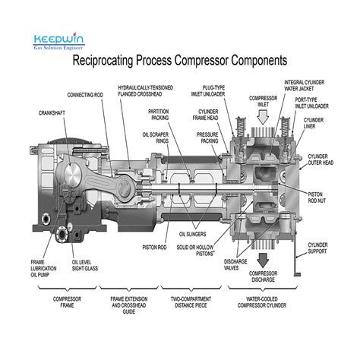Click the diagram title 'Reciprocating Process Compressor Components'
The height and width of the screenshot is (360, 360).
pyautogui.click(x=180, y=60)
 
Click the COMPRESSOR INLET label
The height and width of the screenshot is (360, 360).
pyautogui.click(x=264, y=101)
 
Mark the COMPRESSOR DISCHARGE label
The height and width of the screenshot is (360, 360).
pyautogui.click(x=264, y=276)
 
